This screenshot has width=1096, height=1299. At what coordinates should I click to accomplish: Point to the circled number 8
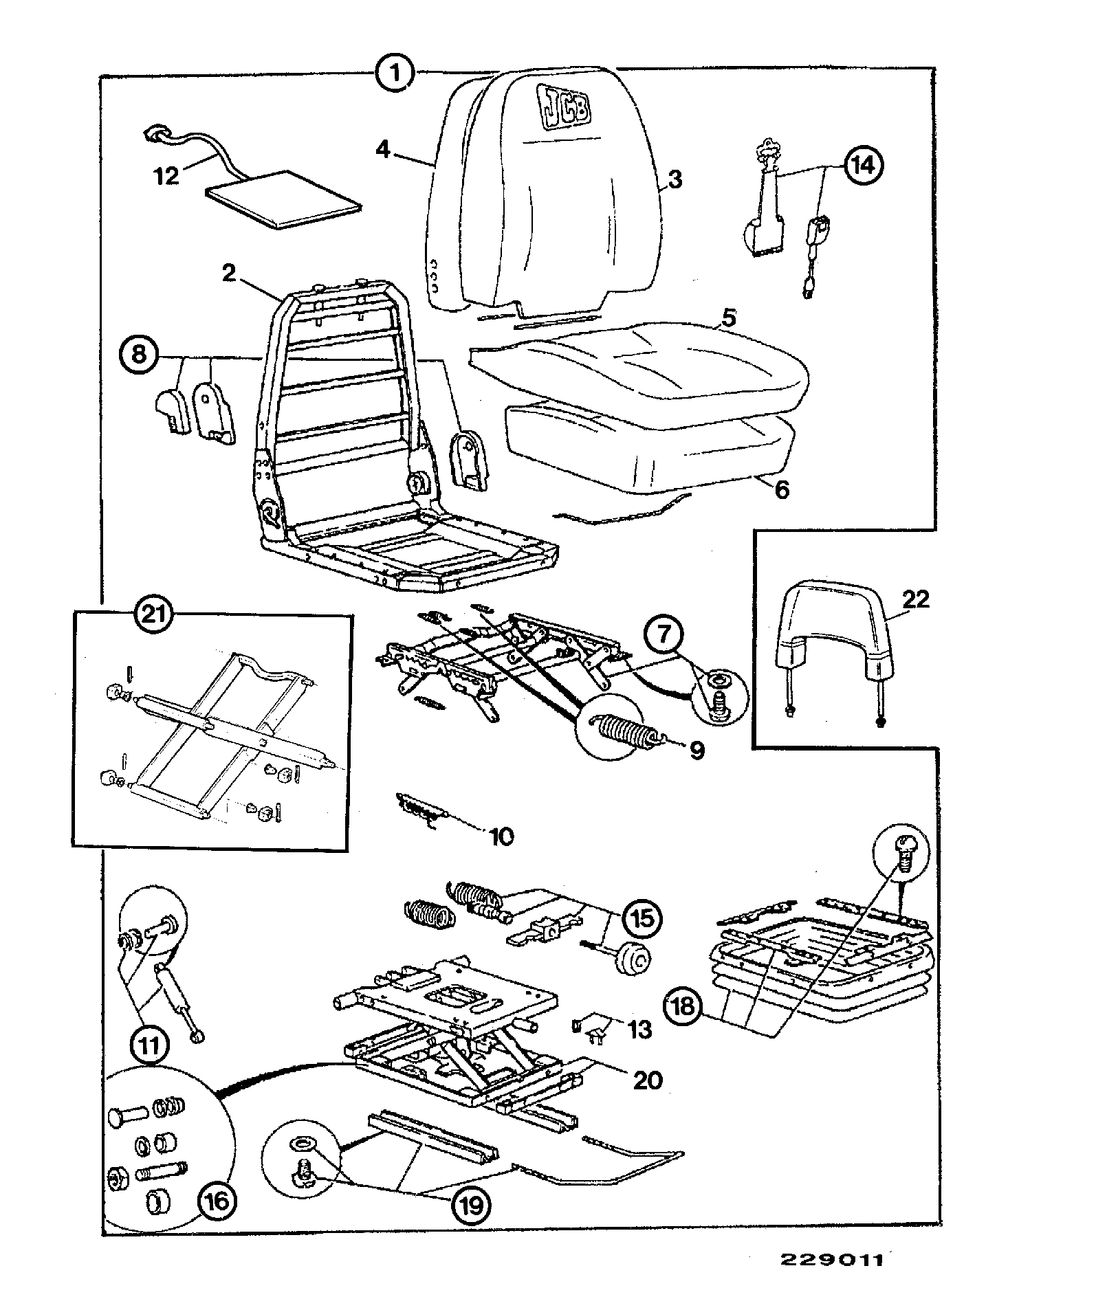(139, 356)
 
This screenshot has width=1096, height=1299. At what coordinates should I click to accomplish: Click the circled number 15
(642, 918)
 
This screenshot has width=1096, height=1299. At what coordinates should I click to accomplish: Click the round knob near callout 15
(631, 958)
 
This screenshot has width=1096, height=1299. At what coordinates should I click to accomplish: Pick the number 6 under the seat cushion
(782, 491)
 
